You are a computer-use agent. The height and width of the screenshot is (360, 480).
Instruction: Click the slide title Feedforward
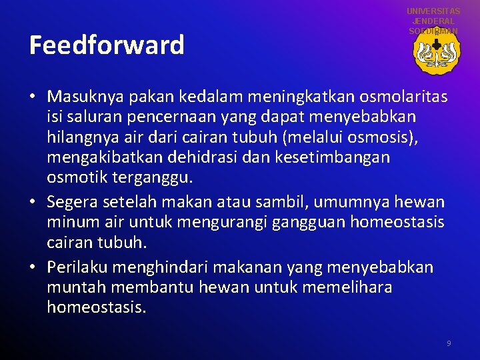pyautogui.click(x=107, y=45)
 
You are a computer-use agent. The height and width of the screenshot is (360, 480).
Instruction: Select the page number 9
pyautogui.click(x=449, y=343)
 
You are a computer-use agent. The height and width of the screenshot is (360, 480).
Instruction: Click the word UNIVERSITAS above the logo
pyautogui.click(x=433, y=11)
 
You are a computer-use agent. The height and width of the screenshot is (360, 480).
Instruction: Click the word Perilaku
pyautogui.click(x=77, y=267)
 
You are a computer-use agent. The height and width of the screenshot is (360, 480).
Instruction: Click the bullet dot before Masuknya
pyautogui.click(x=33, y=98)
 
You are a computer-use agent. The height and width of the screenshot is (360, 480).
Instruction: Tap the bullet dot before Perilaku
pyautogui.click(x=33, y=268)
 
